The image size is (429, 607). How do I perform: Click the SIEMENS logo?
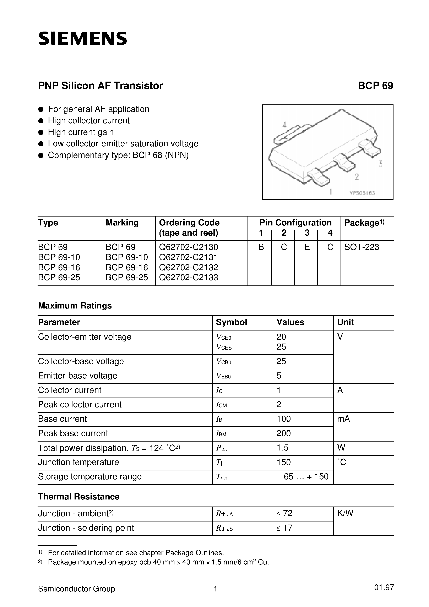point(82,39)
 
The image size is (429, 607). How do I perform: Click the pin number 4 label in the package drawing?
point(284,125)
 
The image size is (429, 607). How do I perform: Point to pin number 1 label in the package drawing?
point(331,191)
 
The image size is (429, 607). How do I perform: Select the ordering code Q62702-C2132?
point(189,267)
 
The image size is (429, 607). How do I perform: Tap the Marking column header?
point(122,223)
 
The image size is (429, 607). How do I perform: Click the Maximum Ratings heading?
point(75,306)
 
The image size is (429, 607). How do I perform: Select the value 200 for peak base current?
point(283,433)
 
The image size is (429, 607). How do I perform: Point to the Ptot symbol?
point(221,448)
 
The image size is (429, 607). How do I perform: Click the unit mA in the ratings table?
point(344,419)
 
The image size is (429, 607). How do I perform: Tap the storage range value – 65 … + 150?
point(303,477)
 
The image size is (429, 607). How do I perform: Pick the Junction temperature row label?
point(78,462)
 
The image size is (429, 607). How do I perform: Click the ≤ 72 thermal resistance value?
point(285,513)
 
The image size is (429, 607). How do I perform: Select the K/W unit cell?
point(345,513)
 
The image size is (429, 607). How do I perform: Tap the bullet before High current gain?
point(41,132)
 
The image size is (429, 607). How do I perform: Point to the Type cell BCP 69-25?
point(59,277)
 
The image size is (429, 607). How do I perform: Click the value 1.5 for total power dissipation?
point(282,448)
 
